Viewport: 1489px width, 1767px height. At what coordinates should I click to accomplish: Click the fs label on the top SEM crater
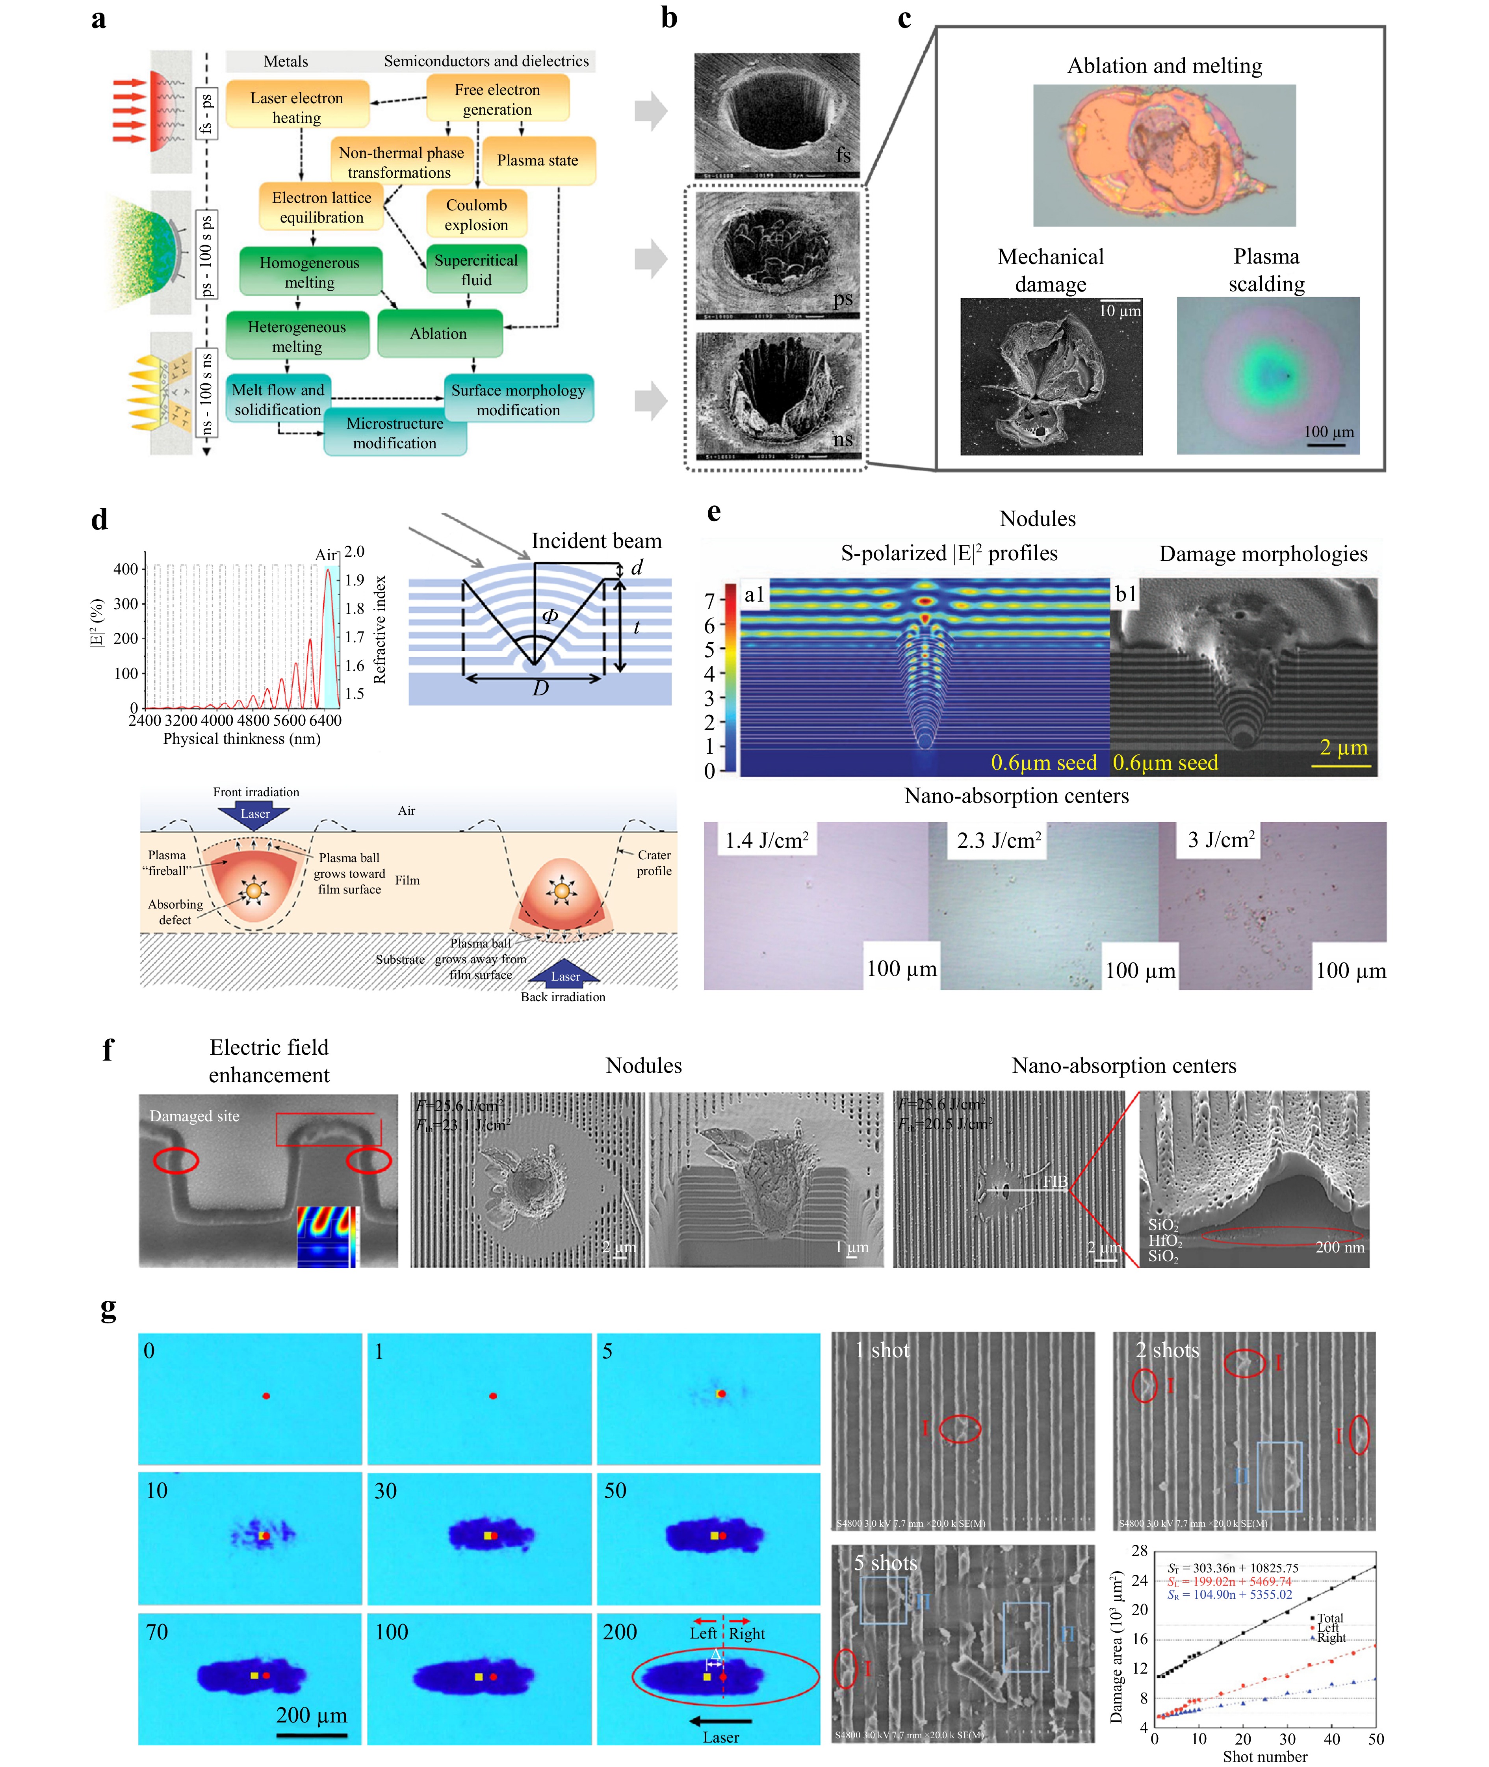843,155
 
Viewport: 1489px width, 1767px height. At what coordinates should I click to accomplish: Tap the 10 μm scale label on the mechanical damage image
1119,311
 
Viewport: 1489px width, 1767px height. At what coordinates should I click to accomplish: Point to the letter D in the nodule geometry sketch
540,688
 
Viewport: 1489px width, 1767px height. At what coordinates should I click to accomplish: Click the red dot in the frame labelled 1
493,1395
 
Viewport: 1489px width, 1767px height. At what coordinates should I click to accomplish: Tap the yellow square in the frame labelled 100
479,1676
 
